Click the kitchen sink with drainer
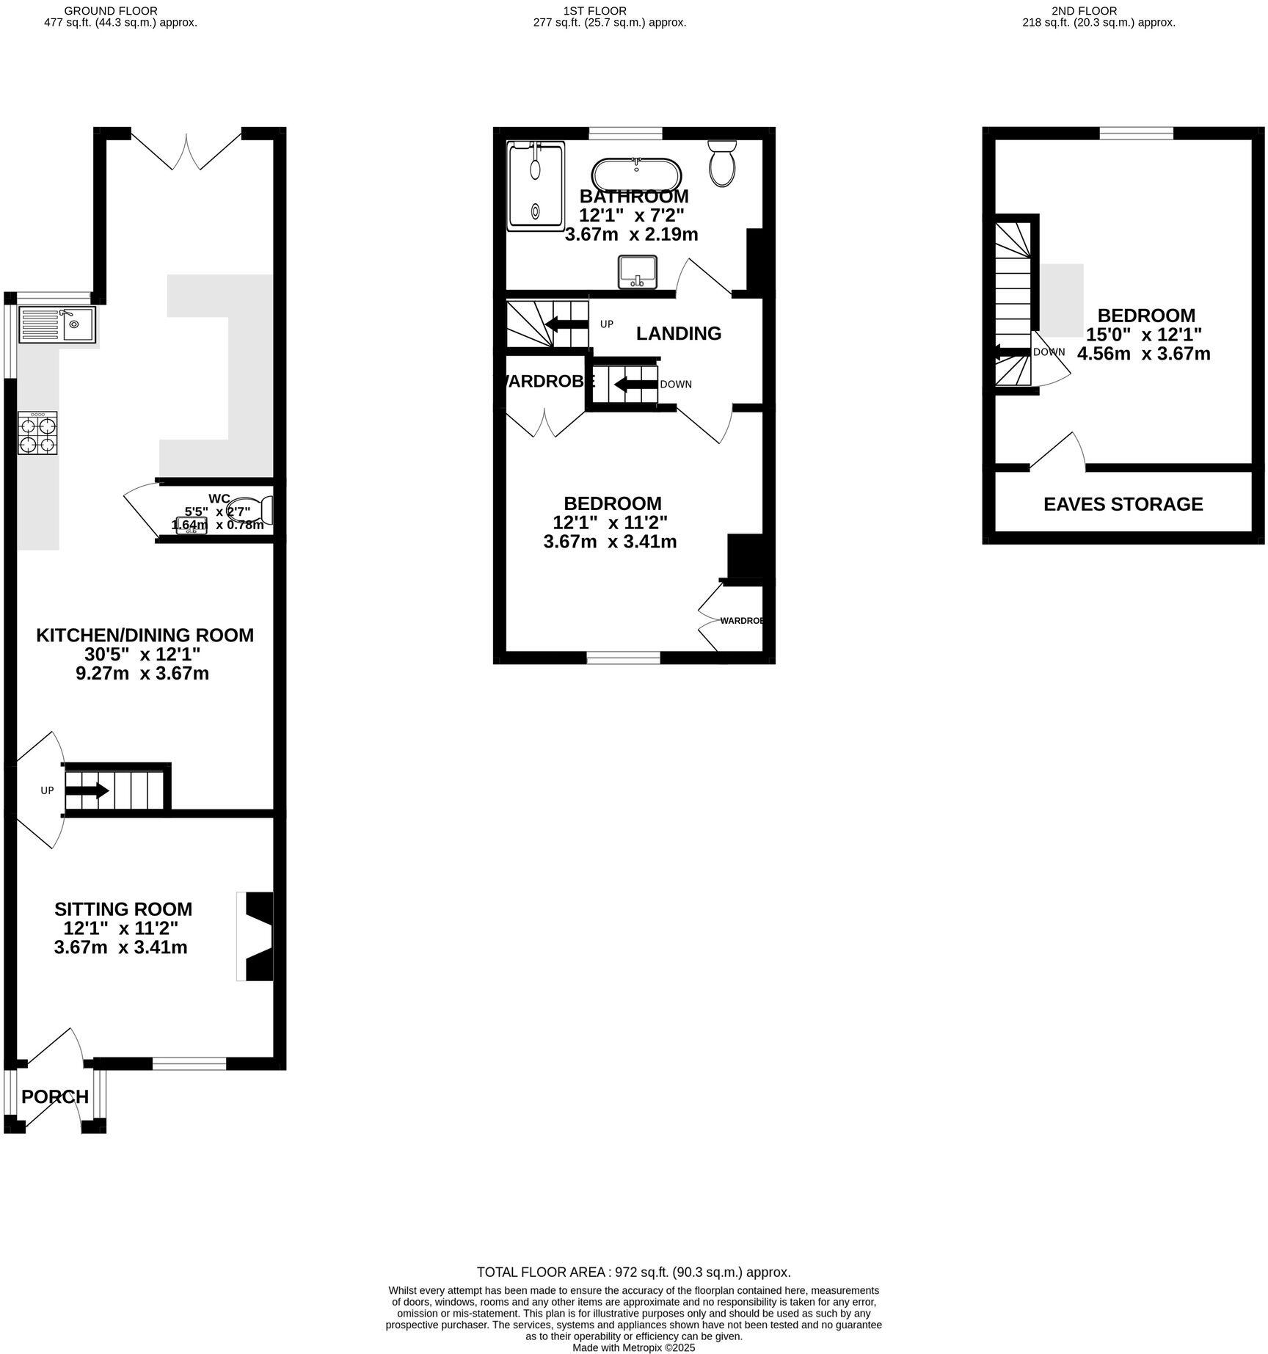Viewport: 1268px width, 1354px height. pos(57,324)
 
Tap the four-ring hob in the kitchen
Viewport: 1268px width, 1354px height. pos(37,434)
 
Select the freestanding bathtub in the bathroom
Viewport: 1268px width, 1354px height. pos(636,175)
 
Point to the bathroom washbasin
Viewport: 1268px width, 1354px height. pos(637,272)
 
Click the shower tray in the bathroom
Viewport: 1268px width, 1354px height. pos(535,186)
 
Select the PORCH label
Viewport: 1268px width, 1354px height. pos(55,1096)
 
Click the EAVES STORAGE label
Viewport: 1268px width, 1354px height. pos(1123,504)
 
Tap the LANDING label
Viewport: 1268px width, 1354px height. pos(678,333)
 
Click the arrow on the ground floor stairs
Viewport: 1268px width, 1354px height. pos(87,791)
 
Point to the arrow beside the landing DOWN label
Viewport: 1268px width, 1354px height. pos(635,384)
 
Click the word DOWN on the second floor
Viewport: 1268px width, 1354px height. pos(1049,352)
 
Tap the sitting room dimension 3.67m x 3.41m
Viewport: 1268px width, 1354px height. pos(120,947)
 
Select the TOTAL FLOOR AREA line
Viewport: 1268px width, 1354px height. pos(633,1273)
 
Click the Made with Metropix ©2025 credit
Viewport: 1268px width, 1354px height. pos(633,1348)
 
